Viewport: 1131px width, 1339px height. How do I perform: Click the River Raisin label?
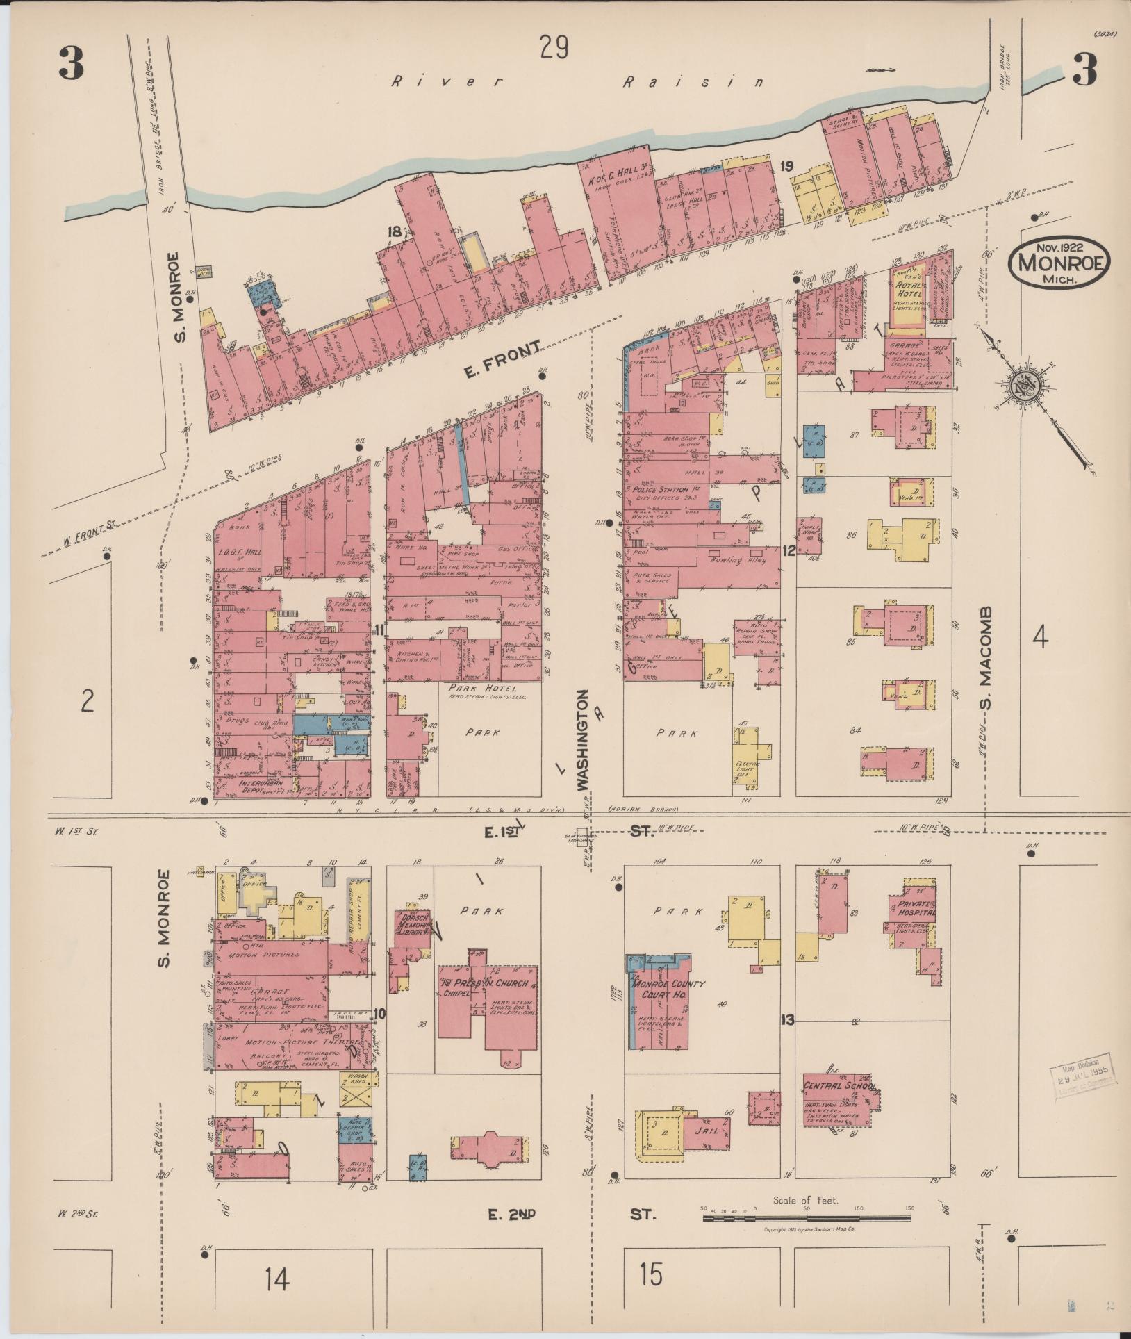pos(577,82)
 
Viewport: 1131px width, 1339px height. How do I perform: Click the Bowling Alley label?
pos(736,559)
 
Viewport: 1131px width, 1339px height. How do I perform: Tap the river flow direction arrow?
pos(882,70)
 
